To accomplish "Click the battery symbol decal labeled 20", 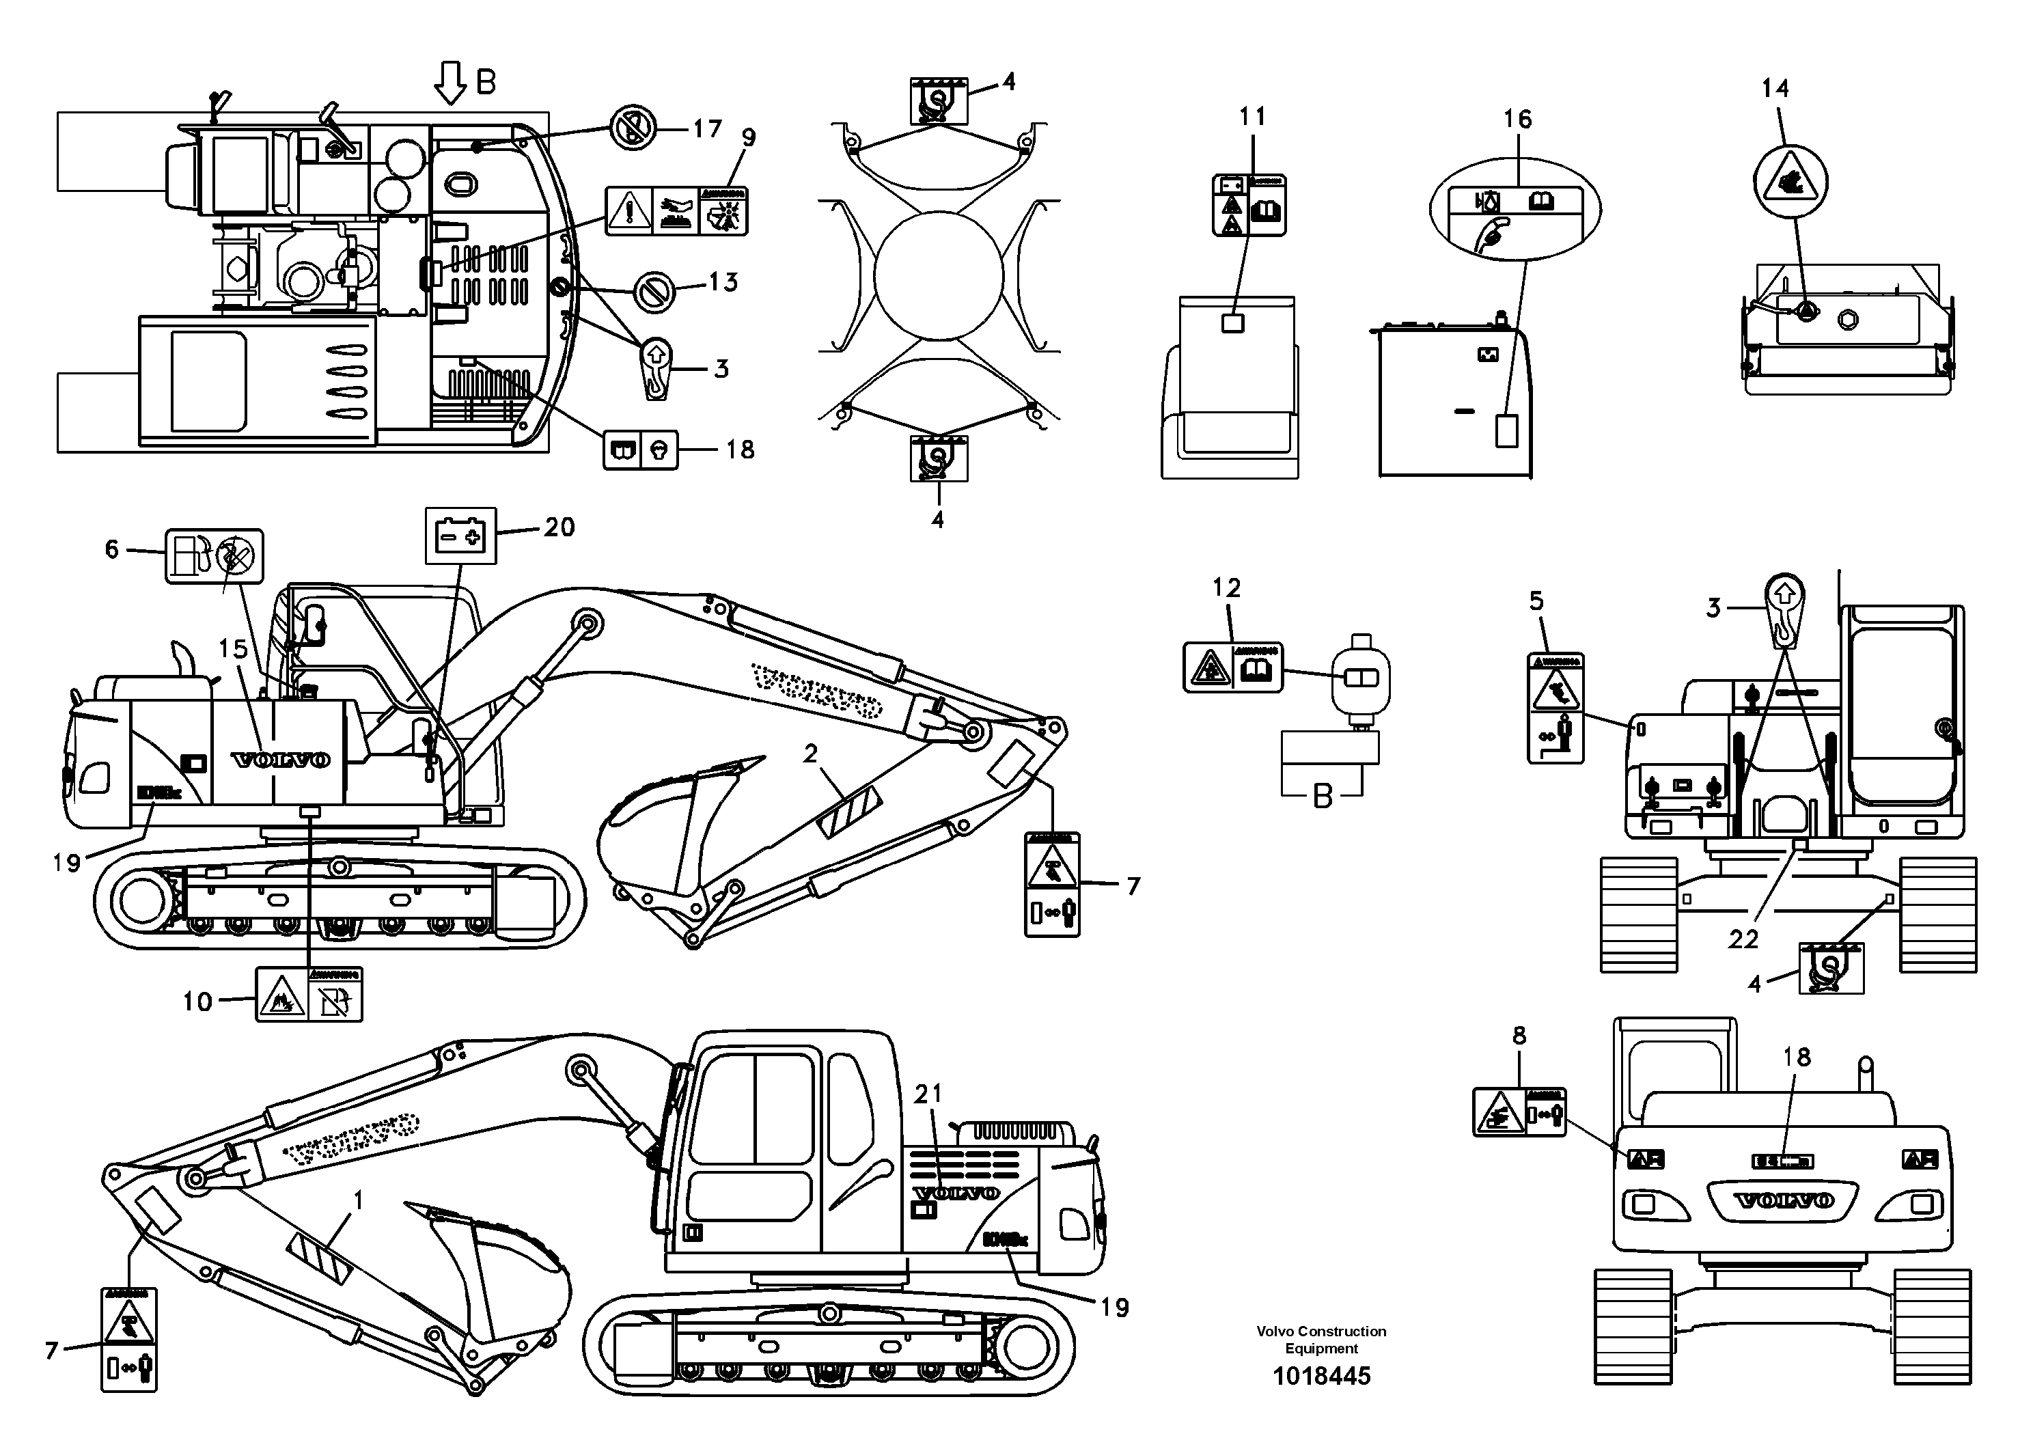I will (460, 536).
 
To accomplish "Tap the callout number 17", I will (706, 129).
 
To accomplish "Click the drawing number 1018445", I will (1321, 1375).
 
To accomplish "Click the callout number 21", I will (927, 1094).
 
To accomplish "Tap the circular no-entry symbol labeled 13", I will (655, 291).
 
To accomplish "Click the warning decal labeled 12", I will (1232, 667).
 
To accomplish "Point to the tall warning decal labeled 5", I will (1555, 708).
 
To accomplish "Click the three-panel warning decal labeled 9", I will (676, 210).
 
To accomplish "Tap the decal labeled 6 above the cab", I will (215, 557).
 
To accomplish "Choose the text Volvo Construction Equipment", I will (1321, 1340).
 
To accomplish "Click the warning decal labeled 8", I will (1519, 1113).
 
